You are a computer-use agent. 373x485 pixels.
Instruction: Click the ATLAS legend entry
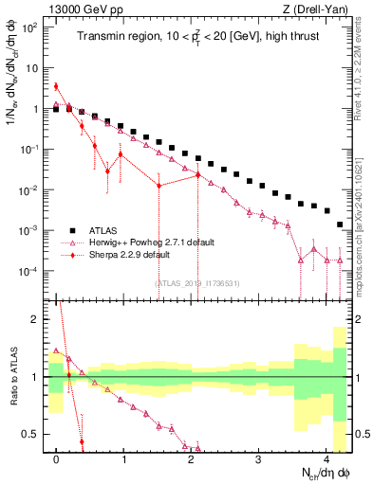point(105,230)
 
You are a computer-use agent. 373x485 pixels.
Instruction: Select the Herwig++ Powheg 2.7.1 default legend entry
point(142,242)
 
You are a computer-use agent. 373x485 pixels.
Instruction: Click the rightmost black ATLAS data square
point(340,225)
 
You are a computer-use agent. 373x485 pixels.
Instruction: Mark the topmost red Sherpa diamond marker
point(57,86)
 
